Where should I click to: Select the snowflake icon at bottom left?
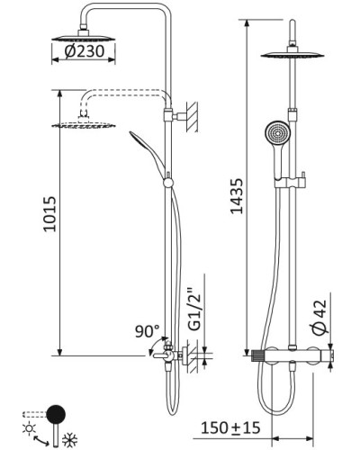67,437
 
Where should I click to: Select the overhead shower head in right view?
292,57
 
